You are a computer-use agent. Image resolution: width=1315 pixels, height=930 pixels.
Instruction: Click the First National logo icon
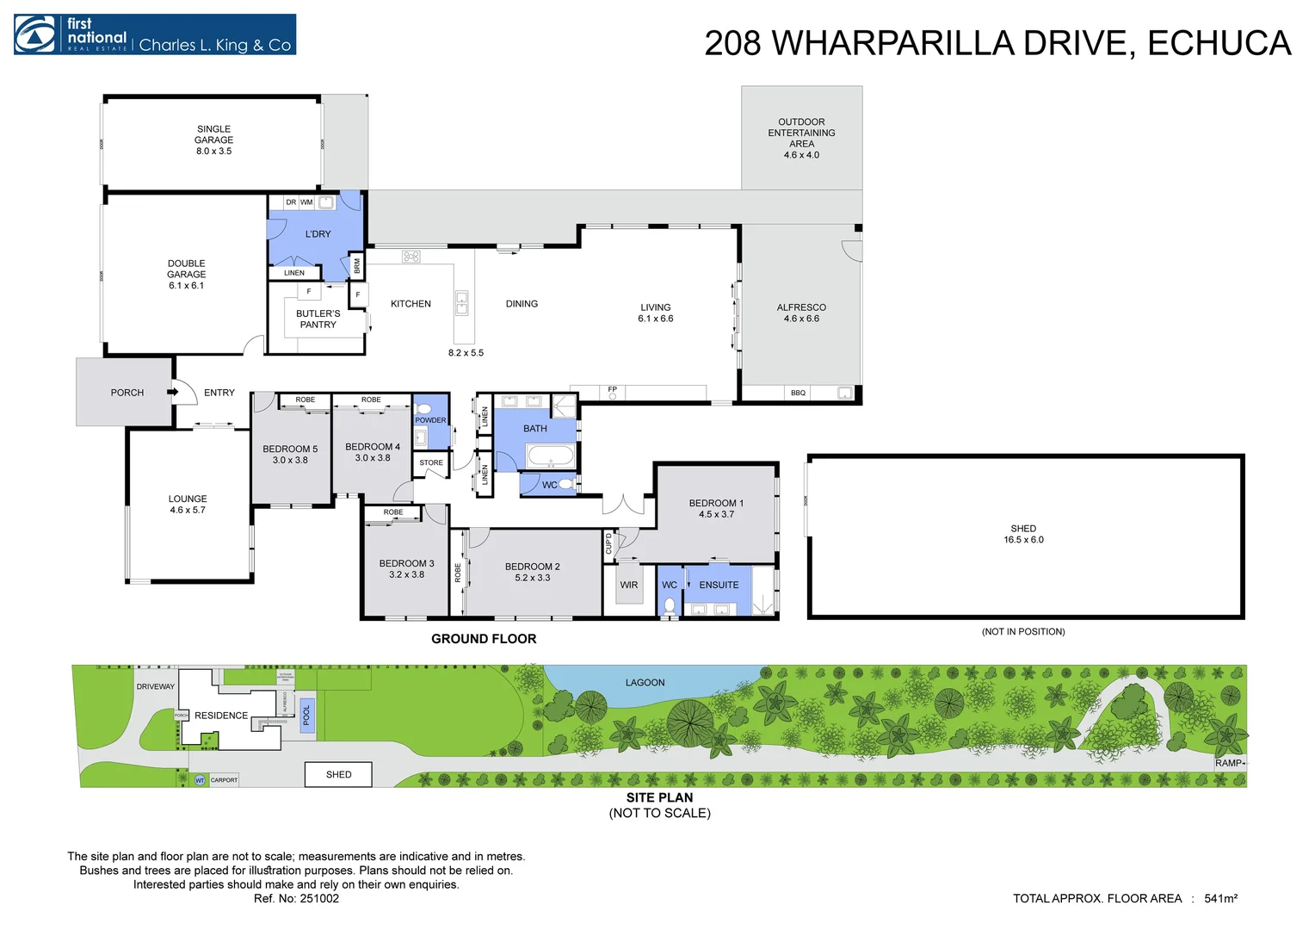coord(35,34)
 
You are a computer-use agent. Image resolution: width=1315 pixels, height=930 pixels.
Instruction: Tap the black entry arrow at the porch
coord(172,393)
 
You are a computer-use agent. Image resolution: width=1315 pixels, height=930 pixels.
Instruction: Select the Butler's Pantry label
coord(318,319)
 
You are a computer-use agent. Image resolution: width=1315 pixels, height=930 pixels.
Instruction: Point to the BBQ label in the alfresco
coord(798,394)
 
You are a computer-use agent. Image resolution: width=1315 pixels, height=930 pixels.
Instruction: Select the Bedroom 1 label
coord(716,503)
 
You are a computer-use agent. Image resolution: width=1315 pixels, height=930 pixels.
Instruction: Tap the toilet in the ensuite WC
coord(670,605)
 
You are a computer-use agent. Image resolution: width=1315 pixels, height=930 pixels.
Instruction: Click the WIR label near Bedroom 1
coord(629,586)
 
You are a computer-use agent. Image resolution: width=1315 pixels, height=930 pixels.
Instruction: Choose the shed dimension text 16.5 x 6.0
coord(1023,540)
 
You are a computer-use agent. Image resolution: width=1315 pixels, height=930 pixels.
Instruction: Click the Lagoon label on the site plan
coord(645,683)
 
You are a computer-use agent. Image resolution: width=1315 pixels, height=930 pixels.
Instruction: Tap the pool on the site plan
coord(306,716)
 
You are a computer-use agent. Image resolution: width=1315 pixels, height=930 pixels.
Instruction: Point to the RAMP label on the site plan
coord(1228,763)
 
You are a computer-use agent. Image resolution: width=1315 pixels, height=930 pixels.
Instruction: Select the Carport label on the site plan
coord(224,780)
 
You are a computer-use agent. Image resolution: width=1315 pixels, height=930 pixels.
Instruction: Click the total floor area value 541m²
coord(1220,899)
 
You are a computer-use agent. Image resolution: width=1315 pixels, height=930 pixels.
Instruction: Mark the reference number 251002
coord(319,899)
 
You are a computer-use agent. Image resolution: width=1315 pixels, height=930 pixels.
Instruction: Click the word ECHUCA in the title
coord(1219,44)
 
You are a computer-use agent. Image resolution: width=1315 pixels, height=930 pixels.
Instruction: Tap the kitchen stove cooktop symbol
coord(411,257)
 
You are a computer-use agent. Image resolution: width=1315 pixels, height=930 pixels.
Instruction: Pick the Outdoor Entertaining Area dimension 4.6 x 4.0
coord(801,156)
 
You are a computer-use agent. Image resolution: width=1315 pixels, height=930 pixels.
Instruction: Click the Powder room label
coord(430,420)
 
